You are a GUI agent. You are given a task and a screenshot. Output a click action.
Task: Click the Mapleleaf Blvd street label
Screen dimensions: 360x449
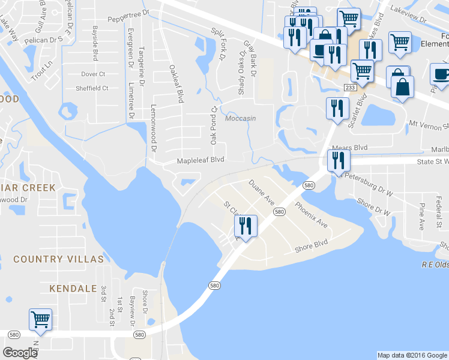pos(200,160)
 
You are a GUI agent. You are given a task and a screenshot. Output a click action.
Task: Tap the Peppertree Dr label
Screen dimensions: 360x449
pos(128,13)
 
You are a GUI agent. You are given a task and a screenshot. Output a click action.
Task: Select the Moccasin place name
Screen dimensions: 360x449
pos(240,118)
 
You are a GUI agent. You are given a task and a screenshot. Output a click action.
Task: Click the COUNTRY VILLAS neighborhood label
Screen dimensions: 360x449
pos(58,259)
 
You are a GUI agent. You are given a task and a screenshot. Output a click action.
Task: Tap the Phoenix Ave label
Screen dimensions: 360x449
pos(311,214)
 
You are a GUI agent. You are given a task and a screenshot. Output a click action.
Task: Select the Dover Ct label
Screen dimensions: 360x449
pos(93,74)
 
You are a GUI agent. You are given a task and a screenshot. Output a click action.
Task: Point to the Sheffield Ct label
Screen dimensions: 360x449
pos(92,88)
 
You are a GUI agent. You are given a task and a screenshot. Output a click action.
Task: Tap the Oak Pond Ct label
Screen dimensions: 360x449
pos(213,125)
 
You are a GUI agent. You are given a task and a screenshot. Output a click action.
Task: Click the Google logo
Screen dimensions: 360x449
pos(20,353)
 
